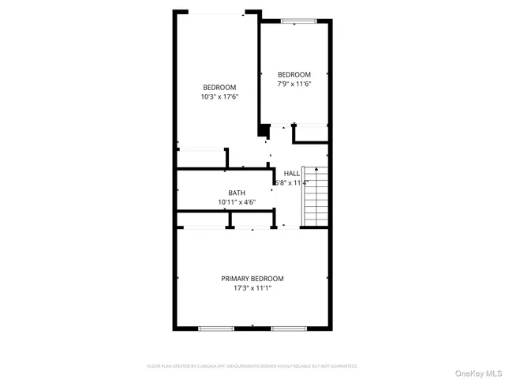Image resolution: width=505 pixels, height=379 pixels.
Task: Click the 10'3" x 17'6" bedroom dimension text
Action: pos(219,96)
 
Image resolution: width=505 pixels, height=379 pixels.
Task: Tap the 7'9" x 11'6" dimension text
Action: pos(294,84)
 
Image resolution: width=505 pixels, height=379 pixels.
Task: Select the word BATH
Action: pos(237,193)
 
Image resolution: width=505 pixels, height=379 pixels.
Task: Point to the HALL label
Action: pos(292,173)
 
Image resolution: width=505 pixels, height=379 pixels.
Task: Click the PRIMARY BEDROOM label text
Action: pos(252,279)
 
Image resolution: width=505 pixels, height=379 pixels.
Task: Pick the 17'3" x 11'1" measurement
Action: pos(252,288)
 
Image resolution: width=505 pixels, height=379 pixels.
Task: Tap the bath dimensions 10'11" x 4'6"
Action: pos(237,202)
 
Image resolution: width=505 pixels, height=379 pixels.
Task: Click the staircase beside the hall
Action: pos(315,201)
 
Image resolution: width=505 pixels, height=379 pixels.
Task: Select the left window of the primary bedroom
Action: pos(215,328)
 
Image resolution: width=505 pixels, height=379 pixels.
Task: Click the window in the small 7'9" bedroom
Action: pos(294,21)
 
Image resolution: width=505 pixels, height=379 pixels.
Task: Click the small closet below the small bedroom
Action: pos(310,134)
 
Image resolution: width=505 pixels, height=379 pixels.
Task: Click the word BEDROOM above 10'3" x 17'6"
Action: pos(219,87)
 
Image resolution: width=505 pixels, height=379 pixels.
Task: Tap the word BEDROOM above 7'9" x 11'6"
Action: pos(294,74)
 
